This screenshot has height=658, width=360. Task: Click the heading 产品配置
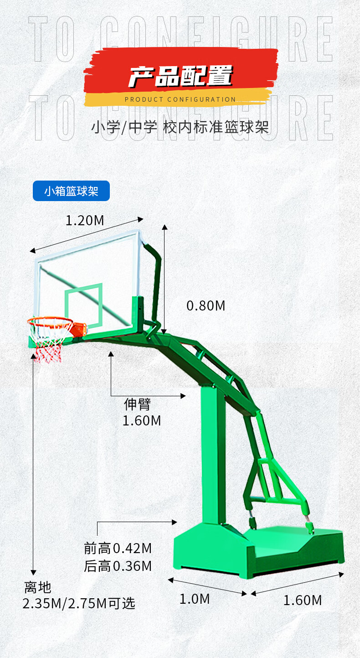tap(180, 76)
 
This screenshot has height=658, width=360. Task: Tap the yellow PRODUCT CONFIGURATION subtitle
tap(180, 99)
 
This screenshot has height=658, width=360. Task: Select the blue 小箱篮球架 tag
tap(71, 191)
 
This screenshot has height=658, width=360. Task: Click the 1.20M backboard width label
tap(85, 221)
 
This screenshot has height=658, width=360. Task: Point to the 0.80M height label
tap(206, 306)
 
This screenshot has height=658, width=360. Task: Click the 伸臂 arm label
tap(137, 404)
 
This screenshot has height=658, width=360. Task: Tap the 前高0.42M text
tap(118, 548)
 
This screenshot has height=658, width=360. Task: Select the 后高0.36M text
tap(118, 566)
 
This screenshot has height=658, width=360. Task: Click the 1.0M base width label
tap(195, 599)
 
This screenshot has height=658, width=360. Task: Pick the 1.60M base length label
tap(303, 600)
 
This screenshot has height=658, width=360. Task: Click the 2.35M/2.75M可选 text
tap(79, 603)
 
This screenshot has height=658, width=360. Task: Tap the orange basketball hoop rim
tap(50, 321)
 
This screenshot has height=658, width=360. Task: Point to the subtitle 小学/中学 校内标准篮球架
tap(180, 126)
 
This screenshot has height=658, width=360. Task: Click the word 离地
tap(38, 587)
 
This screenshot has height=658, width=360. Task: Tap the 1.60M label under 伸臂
tap(142, 420)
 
